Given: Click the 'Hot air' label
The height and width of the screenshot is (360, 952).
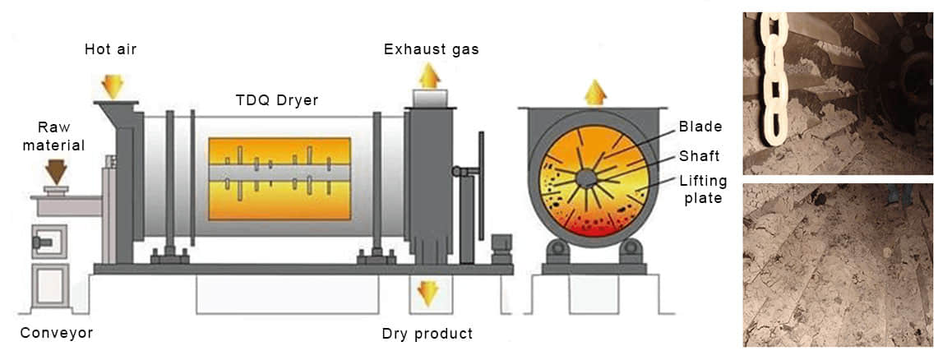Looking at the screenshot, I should click(x=110, y=49).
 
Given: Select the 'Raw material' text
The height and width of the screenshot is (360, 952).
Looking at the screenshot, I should click(x=61, y=137).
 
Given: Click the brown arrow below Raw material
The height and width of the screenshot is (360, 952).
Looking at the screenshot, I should click(x=58, y=172).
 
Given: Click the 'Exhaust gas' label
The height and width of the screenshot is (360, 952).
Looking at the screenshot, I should click(x=431, y=49).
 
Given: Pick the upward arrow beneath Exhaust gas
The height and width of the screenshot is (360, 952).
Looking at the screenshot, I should click(x=428, y=76).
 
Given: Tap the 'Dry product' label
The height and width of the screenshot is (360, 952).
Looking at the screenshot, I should click(x=427, y=334).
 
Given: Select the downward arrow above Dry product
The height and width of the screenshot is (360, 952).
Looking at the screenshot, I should click(x=427, y=293).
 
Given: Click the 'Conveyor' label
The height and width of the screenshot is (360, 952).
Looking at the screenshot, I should click(x=56, y=333).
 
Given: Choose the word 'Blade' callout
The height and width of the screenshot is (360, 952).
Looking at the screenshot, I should click(x=700, y=127).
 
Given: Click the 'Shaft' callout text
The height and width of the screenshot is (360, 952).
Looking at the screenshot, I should click(x=700, y=156).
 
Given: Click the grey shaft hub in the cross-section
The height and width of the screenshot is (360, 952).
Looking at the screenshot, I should click(x=586, y=178).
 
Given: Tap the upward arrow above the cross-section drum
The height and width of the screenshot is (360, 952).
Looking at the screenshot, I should click(x=595, y=91).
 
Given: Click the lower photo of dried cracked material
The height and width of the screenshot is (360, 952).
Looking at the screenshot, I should click(x=837, y=265).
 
